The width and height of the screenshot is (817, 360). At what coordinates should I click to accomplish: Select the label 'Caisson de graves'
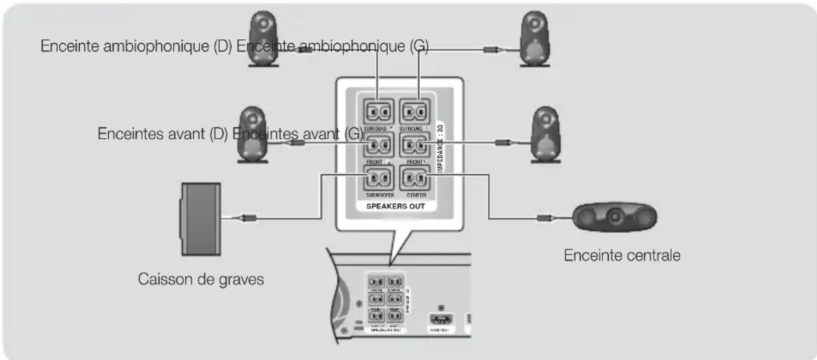point(201,281)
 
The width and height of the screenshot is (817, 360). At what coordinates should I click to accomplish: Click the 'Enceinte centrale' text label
point(622,255)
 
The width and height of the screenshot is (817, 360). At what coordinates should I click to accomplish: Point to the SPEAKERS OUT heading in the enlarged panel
point(395,207)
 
